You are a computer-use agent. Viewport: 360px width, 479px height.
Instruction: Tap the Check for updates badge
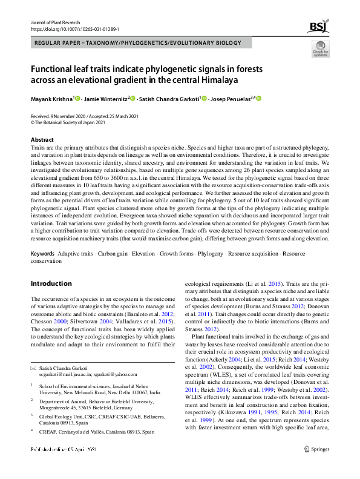click(x=321, y=51)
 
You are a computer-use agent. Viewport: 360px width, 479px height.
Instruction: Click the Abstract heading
click(x=42, y=140)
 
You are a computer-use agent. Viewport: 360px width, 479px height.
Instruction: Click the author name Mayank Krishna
click(x=51, y=99)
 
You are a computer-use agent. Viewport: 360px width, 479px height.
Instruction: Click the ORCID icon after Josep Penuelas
click(x=260, y=99)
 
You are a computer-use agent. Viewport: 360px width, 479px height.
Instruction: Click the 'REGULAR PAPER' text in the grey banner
click(x=62, y=44)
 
